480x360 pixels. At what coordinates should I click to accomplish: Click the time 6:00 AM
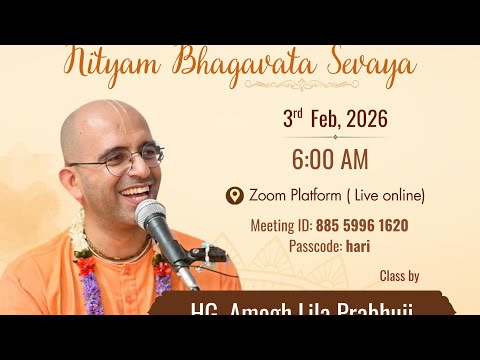click(329, 159)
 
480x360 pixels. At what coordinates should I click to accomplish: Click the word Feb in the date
click(321, 120)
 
